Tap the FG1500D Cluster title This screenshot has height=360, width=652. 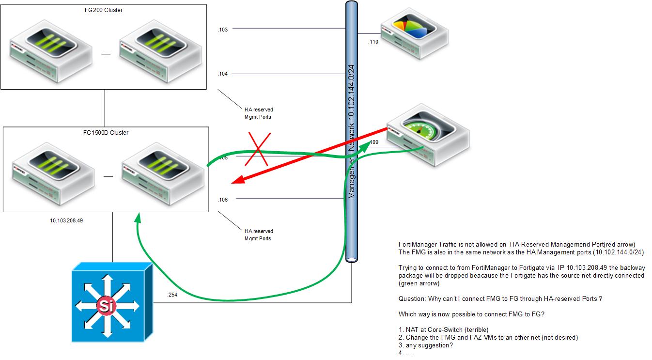[106, 133]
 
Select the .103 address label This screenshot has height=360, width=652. [223, 30]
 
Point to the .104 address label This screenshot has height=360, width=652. [223, 74]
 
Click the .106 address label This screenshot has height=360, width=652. [223, 199]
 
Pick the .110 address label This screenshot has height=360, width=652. [373, 42]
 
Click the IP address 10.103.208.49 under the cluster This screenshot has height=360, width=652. [66, 220]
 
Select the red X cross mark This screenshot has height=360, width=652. [256, 149]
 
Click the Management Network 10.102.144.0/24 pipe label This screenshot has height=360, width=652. [352, 131]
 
